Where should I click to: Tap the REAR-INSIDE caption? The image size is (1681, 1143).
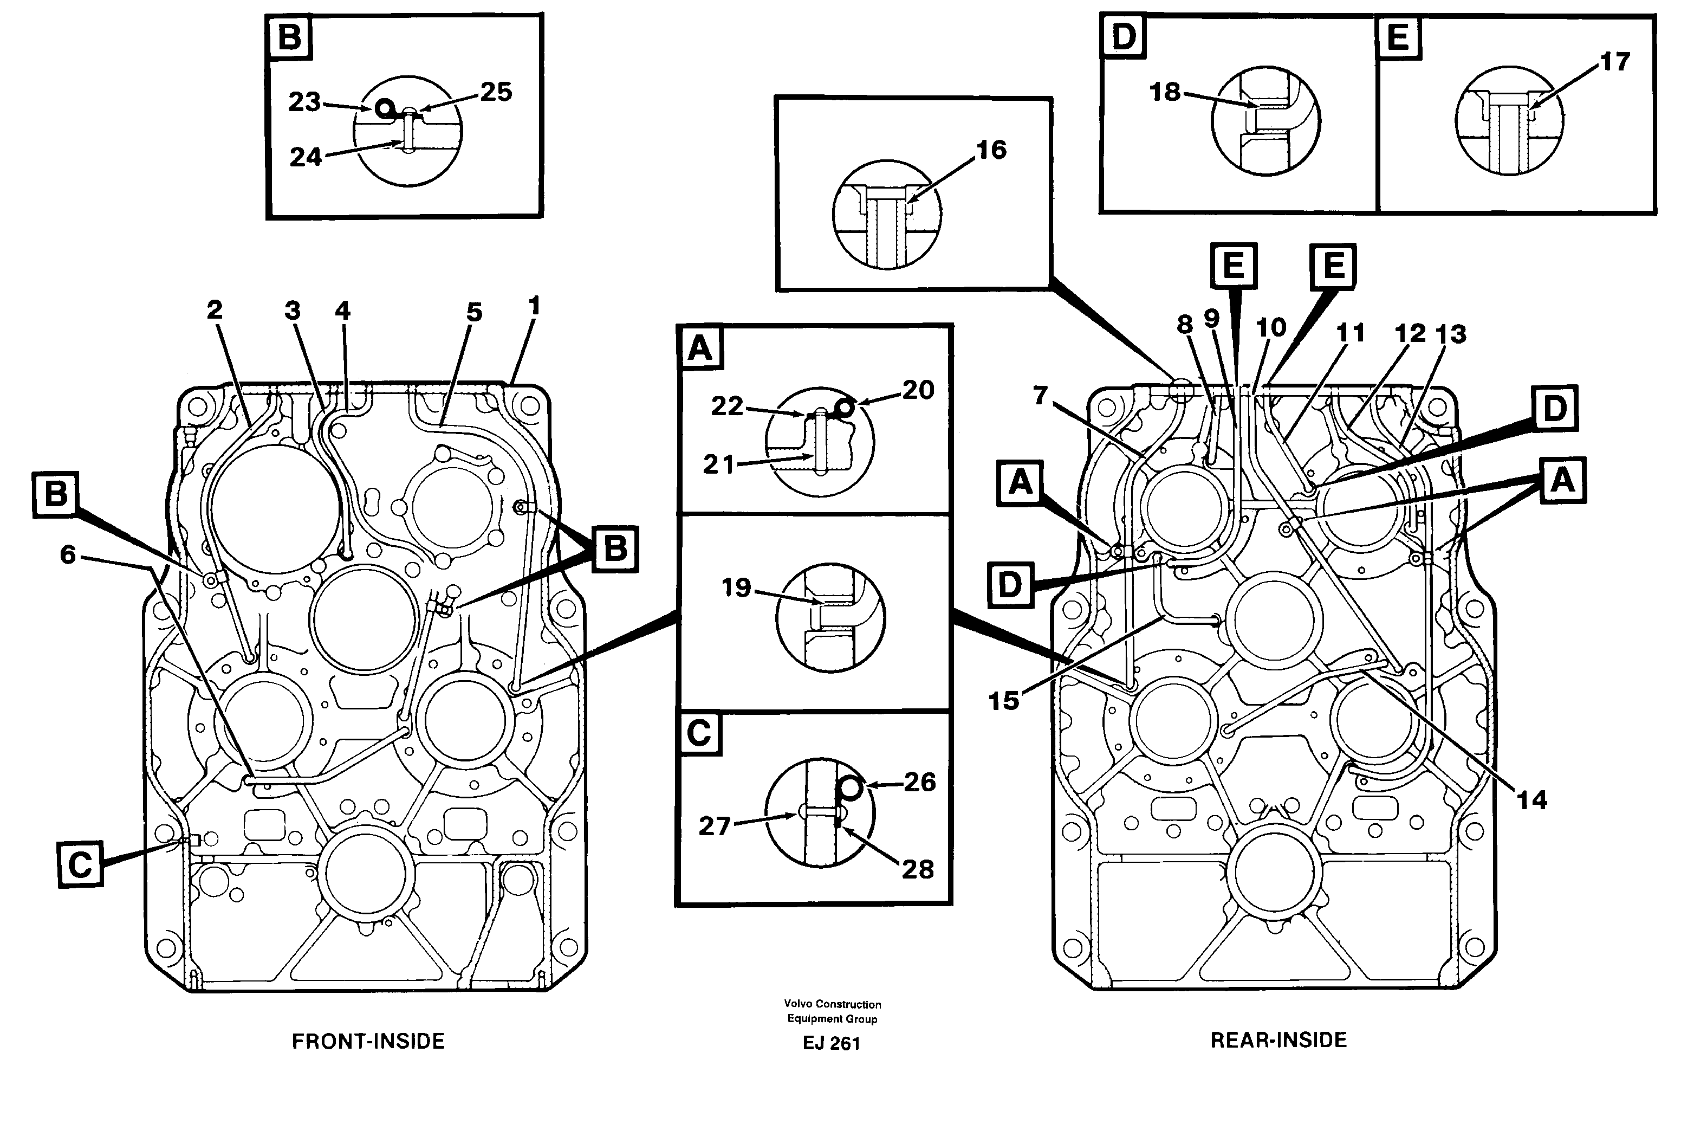click(1278, 1039)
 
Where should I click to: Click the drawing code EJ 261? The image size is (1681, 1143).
click(831, 1043)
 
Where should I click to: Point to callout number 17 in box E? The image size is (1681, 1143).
click(1614, 62)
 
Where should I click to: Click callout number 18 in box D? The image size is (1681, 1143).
click(1165, 92)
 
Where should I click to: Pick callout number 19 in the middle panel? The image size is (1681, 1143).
click(736, 587)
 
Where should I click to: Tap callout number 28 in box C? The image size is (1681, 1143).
click(917, 869)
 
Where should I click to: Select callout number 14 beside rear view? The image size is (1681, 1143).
click(1531, 799)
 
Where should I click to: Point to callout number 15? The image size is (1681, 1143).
click(1003, 700)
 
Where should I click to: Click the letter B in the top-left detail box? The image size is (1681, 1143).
click(289, 36)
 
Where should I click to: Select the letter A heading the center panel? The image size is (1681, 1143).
click(699, 348)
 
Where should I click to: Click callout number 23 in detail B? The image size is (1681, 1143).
click(304, 102)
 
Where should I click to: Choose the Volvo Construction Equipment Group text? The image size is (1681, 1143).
click(832, 1011)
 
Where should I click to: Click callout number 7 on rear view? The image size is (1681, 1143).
click(1040, 395)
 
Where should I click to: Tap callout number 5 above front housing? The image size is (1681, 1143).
click(474, 313)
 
